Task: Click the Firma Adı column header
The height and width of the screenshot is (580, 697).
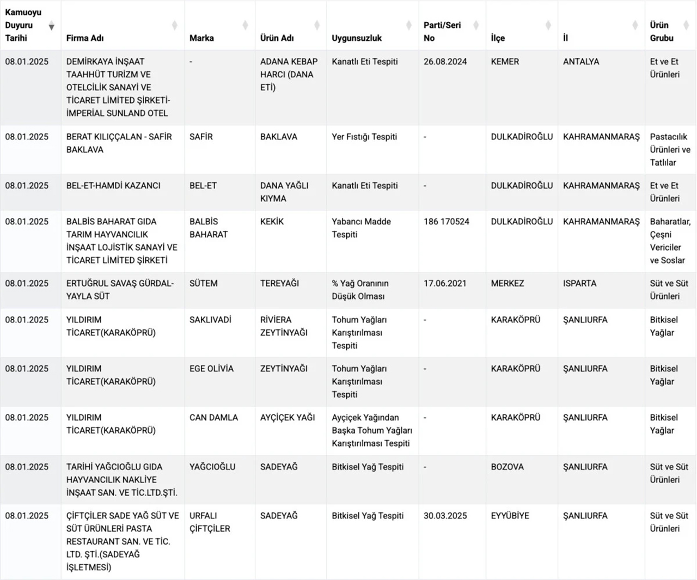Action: (x=85, y=38)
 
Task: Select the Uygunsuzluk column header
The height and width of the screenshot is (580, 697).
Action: (x=357, y=38)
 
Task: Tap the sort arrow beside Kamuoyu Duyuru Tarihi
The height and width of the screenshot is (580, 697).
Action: (x=52, y=26)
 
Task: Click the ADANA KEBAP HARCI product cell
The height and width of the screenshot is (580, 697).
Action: (x=289, y=74)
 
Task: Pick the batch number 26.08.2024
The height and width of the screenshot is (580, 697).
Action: (x=445, y=62)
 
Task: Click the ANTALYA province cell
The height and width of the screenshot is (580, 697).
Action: (x=581, y=62)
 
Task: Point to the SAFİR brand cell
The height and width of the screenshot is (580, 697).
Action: (x=201, y=137)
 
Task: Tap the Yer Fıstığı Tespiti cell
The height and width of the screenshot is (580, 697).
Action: (x=364, y=137)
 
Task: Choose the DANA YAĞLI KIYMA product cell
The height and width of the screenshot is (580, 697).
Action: (x=284, y=192)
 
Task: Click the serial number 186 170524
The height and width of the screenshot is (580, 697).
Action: (x=446, y=222)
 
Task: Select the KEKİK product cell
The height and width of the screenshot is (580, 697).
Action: (x=272, y=222)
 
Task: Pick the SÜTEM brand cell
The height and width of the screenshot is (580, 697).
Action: (x=203, y=283)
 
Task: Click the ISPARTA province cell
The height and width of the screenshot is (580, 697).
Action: (x=579, y=283)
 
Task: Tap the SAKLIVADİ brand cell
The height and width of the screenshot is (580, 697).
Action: (x=210, y=320)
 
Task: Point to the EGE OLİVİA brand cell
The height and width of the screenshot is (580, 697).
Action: (x=211, y=369)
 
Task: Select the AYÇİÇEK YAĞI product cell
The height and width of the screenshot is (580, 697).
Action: (x=288, y=418)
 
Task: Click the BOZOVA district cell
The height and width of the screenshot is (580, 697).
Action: (x=507, y=467)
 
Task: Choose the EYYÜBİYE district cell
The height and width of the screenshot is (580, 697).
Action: (x=510, y=516)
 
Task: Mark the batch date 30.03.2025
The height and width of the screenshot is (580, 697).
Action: (x=445, y=516)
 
